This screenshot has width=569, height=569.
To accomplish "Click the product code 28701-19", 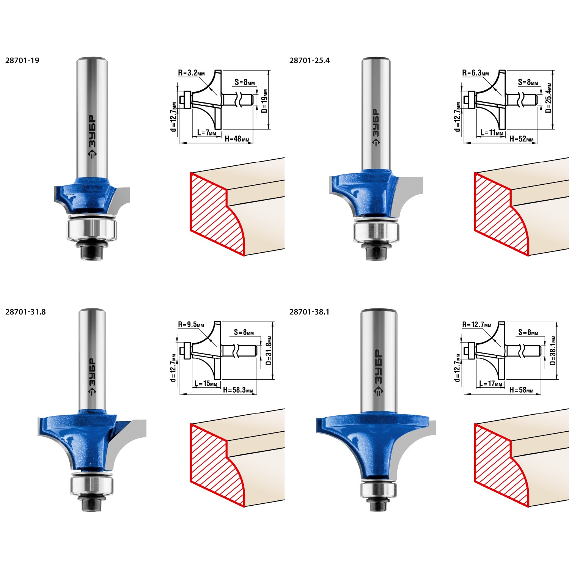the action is (22, 60).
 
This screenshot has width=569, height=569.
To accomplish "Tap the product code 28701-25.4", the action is (310, 60).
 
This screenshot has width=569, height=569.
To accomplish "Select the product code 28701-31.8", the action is (25, 312).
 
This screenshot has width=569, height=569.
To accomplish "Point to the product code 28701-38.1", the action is (310, 312).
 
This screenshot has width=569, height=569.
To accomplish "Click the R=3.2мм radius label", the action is (191, 73).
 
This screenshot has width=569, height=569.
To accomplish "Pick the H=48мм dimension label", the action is (237, 139).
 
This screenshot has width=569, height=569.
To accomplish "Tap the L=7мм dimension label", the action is (206, 133).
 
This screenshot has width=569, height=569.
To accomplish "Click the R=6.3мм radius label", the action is (475, 73).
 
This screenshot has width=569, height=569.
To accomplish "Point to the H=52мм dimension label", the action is (521, 139).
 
